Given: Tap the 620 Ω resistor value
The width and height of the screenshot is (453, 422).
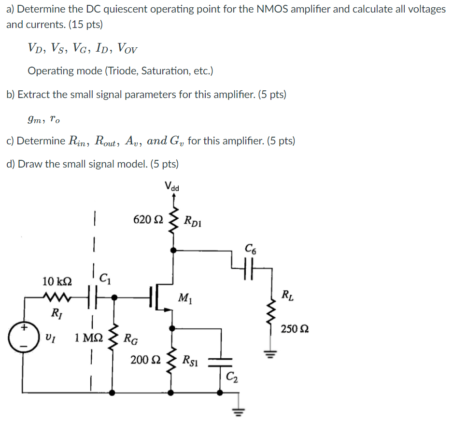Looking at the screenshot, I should coord(148,220).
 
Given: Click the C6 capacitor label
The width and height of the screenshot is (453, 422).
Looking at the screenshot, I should coord(251,250).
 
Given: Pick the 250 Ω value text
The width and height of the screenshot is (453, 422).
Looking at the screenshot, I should coord(295,329).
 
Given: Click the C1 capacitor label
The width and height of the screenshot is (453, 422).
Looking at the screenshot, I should coord(104,278).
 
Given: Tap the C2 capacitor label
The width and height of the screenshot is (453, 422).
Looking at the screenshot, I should coord(232,378).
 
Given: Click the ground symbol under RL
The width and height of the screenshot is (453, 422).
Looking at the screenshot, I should coord(270,355).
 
